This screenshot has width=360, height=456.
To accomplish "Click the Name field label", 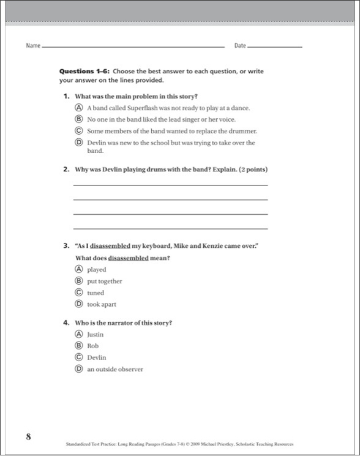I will pyautogui.click(x=33, y=46).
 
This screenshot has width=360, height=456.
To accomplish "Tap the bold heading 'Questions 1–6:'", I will pyautogui.click(x=84, y=72).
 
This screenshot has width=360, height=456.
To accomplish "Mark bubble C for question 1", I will pyautogui.click(x=78, y=131).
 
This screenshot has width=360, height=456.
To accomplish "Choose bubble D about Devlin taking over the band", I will pyautogui.click(x=78, y=143).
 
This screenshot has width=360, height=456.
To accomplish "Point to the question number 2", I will pyautogui.click(x=66, y=170).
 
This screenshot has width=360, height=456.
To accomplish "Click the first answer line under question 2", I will pyautogui.click(x=170, y=185).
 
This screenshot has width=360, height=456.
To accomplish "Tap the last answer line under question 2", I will pyautogui.click(x=170, y=228).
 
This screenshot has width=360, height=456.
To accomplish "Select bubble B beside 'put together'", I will pyautogui.click(x=78, y=281).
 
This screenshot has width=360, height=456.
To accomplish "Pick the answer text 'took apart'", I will pyautogui.click(x=102, y=304).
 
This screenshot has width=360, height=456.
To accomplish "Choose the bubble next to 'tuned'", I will pyautogui.click(x=78, y=293).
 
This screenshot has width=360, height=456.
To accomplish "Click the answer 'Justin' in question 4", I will pyautogui.click(x=96, y=334).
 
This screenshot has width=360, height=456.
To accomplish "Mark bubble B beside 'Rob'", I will pyautogui.click(x=78, y=346).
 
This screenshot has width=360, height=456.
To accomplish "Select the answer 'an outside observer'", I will pyautogui.click(x=115, y=369).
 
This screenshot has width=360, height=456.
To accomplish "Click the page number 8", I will pyautogui.click(x=28, y=436).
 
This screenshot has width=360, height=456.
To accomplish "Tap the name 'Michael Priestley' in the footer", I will pyautogui.click(x=227, y=443).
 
